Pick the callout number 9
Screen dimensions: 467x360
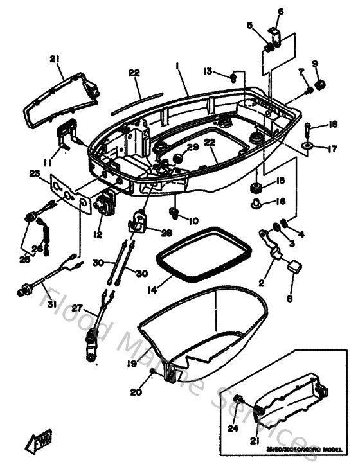[315, 63]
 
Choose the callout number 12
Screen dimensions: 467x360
[97, 235]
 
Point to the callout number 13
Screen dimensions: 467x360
[208, 70]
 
